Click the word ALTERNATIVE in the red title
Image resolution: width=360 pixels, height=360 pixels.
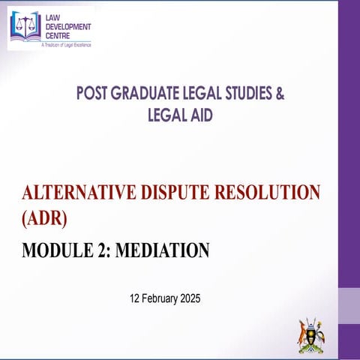76,193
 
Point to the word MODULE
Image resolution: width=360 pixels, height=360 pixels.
53,250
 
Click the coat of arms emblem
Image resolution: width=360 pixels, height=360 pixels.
312,334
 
